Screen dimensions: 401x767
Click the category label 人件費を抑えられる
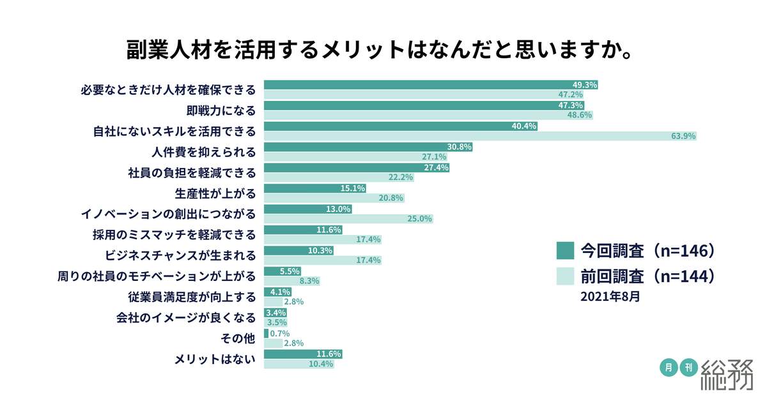[204, 152]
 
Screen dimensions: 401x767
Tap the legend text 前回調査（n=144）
[647, 277]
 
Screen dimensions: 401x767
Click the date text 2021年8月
[610, 297]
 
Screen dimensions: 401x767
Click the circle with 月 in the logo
[668, 367]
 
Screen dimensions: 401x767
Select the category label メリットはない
[215, 359]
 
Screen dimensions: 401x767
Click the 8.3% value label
[309, 281]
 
